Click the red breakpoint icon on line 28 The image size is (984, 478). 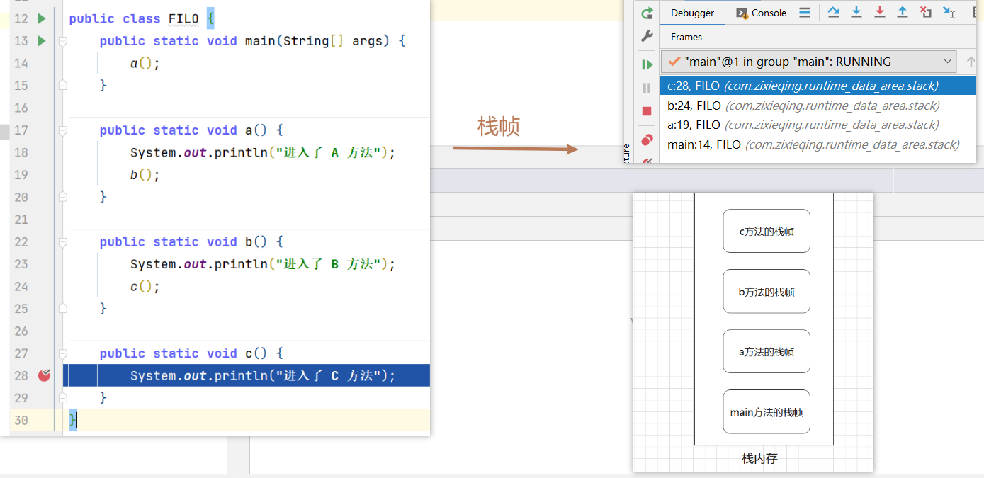click(x=44, y=375)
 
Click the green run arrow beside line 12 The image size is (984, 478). click(x=42, y=18)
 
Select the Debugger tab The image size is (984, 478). click(x=692, y=13)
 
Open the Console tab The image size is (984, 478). click(x=762, y=13)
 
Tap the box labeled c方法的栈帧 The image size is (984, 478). click(x=767, y=231)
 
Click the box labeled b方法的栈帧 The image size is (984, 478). click(x=767, y=292)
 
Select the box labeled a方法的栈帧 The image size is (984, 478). click(x=767, y=351)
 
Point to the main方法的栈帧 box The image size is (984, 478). click(x=767, y=411)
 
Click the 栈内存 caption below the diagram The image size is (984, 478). click(x=759, y=458)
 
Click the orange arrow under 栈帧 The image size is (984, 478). click(x=515, y=149)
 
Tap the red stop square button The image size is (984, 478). click(x=647, y=111)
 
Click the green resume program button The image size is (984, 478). click(x=647, y=64)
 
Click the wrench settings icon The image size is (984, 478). click(x=647, y=36)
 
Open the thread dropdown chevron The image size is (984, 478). click(x=948, y=62)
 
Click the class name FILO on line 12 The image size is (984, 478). click(x=183, y=18)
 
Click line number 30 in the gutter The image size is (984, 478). click(x=21, y=420)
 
